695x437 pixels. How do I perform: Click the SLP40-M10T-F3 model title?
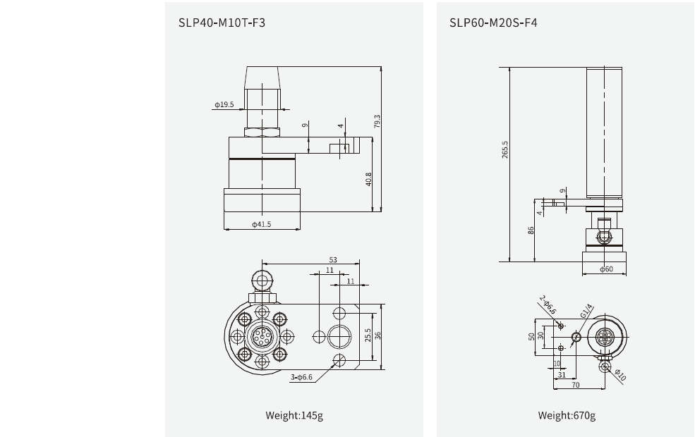[222, 23]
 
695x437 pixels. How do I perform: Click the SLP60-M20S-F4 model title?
[494, 23]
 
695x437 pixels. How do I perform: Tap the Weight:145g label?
[294, 415]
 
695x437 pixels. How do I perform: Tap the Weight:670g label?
[567, 415]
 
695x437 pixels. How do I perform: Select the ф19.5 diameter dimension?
[224, 104]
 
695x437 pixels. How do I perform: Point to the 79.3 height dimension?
[377, 121]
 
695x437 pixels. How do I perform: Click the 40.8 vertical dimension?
[368, 179]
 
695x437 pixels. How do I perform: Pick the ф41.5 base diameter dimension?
[261, 225]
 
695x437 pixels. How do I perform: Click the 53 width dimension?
[333, 259]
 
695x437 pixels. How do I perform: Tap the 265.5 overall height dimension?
[505, 149]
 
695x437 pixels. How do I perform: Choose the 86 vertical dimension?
[531, 230]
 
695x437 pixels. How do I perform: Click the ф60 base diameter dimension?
[606, 269]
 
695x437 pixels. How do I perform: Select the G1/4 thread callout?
[586, 311]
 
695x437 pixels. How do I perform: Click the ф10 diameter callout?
[620, 374]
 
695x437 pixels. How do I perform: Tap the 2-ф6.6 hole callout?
[549, 305]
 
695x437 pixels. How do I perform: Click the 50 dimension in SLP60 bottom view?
[531, 336]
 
